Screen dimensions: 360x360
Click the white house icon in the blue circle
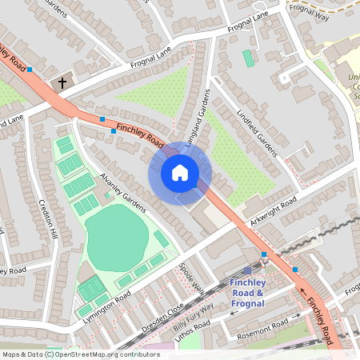(180, 173)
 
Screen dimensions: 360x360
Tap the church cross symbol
(62, 82)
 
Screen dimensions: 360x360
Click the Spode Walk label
(193, 277)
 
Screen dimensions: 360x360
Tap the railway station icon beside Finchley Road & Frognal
(247, 271)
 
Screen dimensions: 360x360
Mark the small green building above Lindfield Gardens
(248, 58)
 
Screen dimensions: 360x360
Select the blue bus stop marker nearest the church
(30, 70)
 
